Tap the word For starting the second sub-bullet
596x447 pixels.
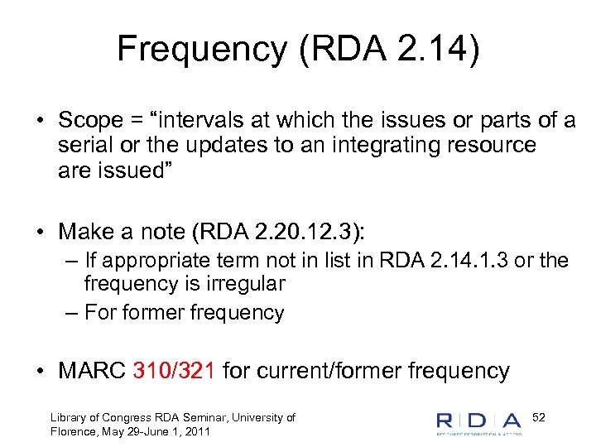(104, 313)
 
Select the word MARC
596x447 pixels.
(92, 371)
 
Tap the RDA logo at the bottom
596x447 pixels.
(479, 421)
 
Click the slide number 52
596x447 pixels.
(539, 416)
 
